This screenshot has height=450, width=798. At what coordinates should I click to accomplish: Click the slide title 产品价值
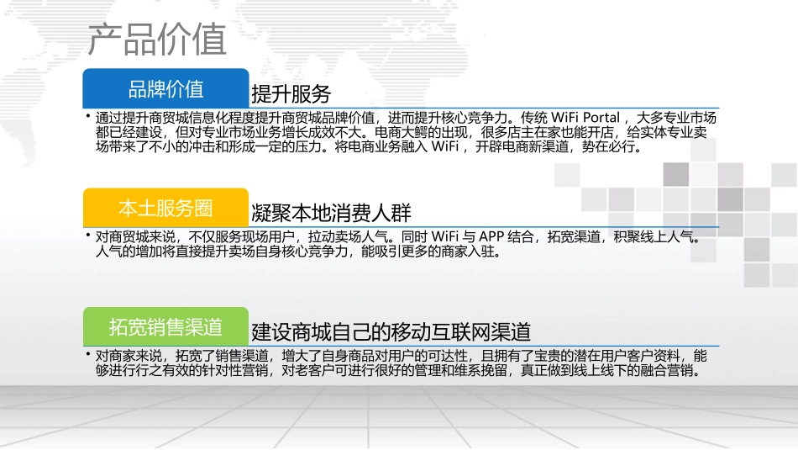[x=157, y=40]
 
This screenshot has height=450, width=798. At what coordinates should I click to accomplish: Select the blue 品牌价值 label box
[x=165, y=88]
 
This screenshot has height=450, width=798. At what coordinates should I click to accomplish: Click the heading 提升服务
[x=291, y=93]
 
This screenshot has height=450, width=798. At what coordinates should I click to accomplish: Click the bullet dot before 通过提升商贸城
[x=87, y=114]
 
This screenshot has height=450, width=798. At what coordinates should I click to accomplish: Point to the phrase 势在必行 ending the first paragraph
[x=613, y=147]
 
